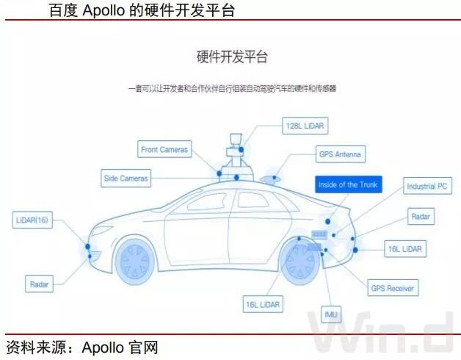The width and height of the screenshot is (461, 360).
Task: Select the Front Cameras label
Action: (x=164, y=150)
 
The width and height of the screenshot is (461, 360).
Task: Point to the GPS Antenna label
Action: (x=341, y=155)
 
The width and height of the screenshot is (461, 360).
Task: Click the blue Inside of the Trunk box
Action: (x=348, y=184)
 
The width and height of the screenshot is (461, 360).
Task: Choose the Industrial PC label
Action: (x=426, y=187)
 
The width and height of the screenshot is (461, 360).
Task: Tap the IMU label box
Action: (x=332, y=316)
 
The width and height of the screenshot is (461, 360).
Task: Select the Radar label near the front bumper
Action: (x=38, y=284)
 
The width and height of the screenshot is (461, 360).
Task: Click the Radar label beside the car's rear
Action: (x=421, y=217)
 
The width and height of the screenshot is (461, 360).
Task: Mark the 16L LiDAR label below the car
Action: (x=264, y=303)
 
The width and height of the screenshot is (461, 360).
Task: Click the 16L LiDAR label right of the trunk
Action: (x=404, y=249)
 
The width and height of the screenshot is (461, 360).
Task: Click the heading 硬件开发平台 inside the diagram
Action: (x=231, y=57)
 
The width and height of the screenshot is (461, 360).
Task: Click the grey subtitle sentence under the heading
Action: (x=231, y=88)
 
